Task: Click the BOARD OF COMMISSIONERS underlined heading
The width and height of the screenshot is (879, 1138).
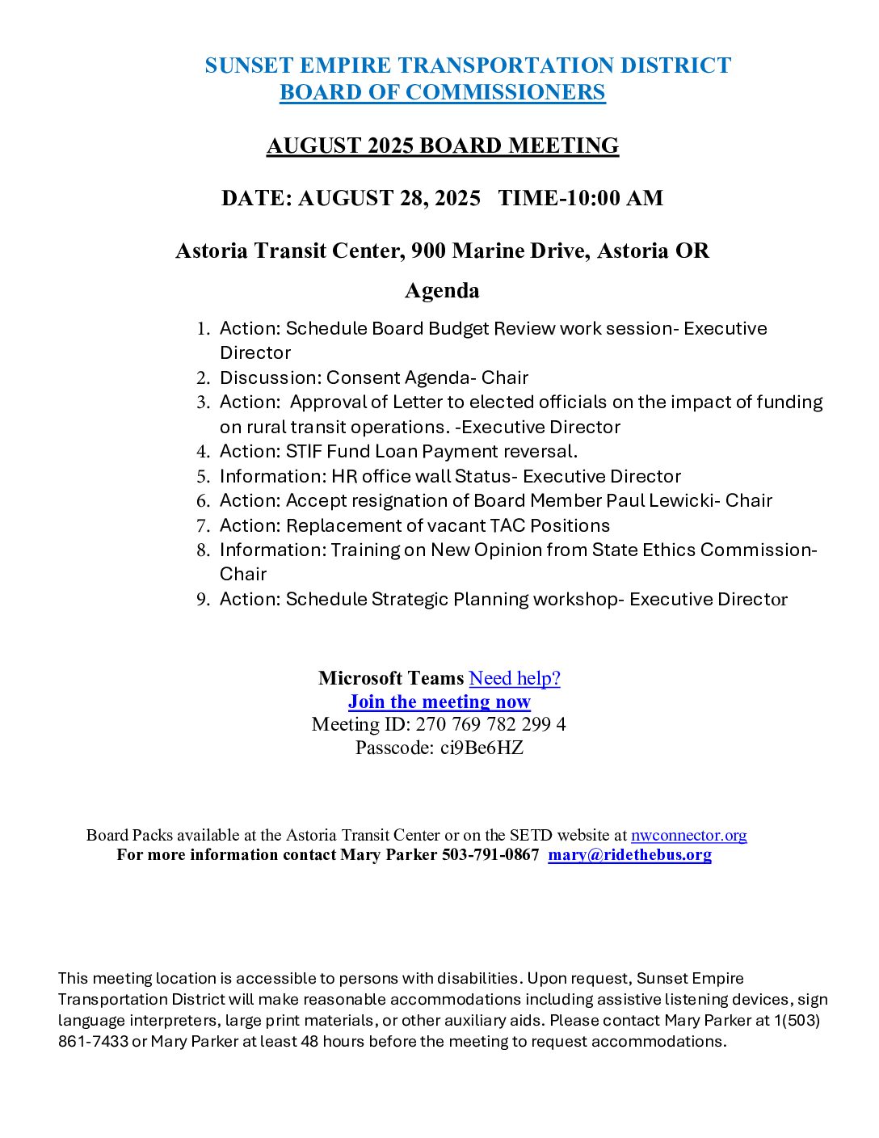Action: click(442, 93)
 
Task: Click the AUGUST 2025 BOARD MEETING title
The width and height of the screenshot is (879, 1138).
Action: click(442, 146)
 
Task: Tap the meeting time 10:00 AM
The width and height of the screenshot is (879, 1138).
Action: click(612, 199)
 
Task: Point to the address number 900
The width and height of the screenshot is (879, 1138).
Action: click(428, 251)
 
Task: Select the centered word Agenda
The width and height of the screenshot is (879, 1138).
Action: click(442, 291)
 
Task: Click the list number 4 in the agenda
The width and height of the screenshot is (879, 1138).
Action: click(202, 452)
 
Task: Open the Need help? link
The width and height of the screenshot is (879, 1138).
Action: click(515, 678)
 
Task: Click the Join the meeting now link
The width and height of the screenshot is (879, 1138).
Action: click(439, 702)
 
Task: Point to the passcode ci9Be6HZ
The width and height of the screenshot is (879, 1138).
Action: click(482, 748)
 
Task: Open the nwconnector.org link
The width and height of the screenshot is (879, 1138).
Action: click(688, 835)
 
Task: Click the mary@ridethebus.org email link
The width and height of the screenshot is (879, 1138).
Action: click(629, 855)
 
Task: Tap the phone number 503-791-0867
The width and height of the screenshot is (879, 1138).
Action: click(490, 855)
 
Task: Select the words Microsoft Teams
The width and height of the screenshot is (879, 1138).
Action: click(391, 678)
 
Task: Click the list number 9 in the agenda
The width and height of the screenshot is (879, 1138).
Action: click(202, 600)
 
